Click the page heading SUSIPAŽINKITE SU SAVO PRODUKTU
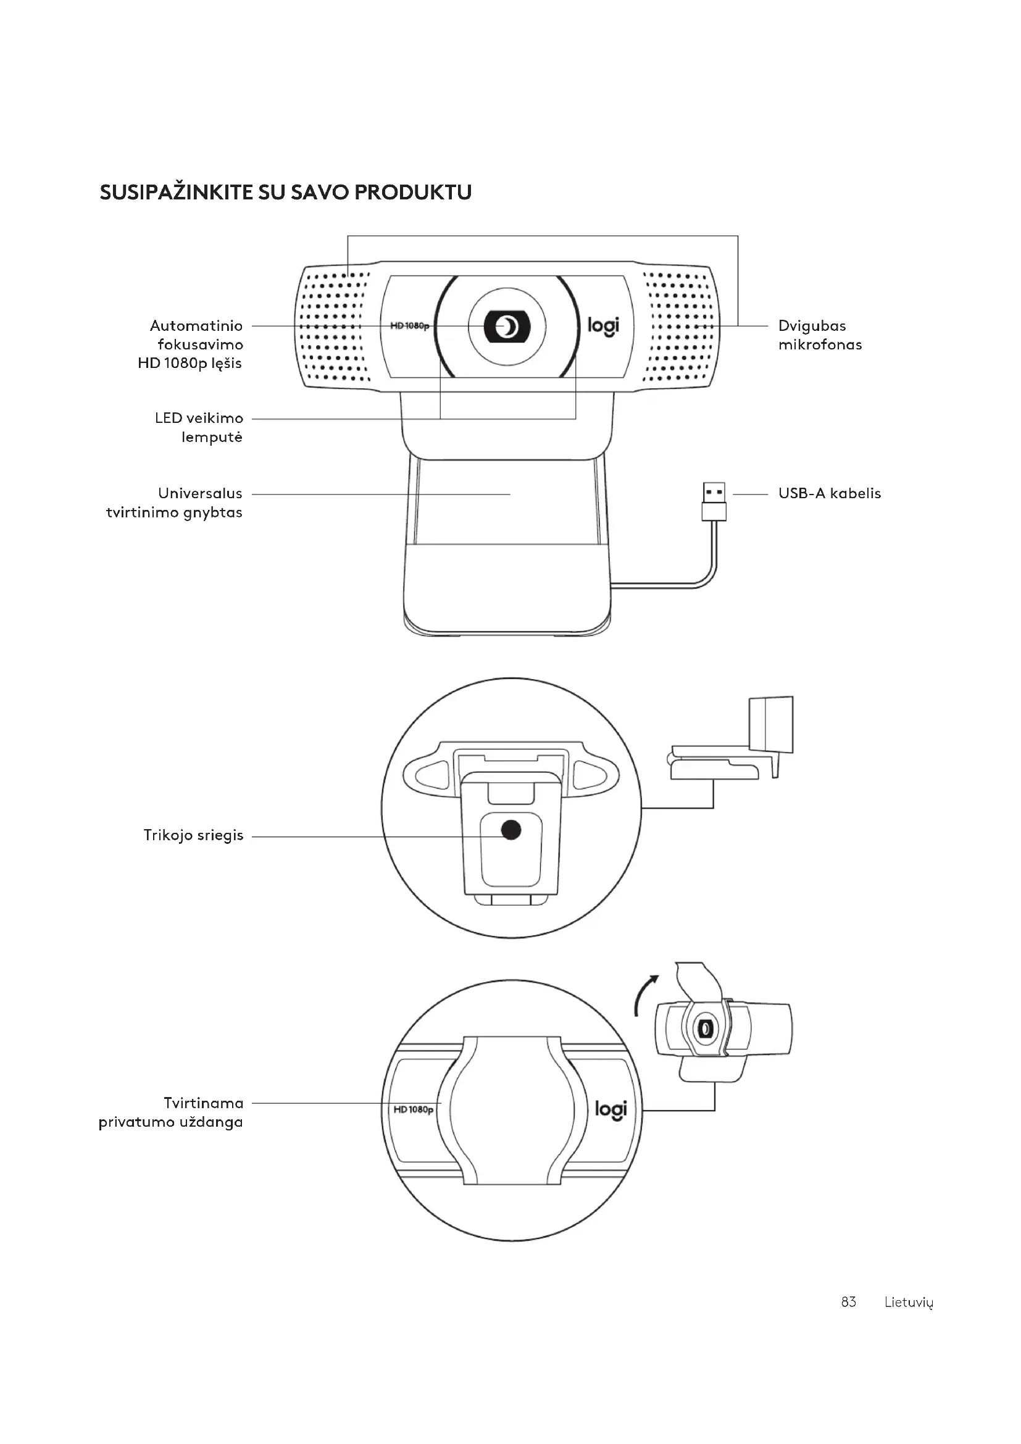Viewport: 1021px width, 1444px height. point(285,193)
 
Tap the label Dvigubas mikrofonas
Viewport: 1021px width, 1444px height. point(819,335)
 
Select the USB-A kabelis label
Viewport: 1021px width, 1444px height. point(829,494)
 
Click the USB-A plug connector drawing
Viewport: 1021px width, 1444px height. point(714,501)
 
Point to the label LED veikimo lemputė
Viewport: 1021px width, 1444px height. point(199,428)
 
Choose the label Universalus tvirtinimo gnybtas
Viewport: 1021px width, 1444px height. point(174,503)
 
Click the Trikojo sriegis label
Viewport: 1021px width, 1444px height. point(193,836)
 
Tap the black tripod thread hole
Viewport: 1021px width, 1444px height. point(511,830)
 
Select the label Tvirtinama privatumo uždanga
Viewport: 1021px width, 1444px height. point(171,1112)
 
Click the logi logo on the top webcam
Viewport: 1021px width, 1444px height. point(603,326)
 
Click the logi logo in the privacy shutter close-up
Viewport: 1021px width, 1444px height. point(611,1109)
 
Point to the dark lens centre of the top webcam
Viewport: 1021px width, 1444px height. point(507,327)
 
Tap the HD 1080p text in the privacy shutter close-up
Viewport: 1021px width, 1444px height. point(413,1109)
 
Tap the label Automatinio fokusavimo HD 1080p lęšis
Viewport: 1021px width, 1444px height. point(191,344)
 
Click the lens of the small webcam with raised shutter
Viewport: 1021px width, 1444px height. point(704,1029)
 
